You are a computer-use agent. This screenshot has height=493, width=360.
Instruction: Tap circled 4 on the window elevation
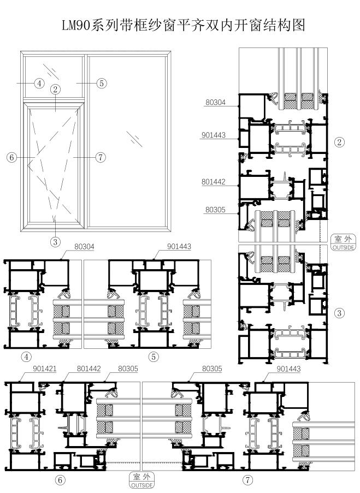(x=39, y=84)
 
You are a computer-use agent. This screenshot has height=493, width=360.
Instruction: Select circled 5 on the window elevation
(x=101, y=84)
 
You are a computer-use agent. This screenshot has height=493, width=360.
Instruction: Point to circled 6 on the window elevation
(x=12, y=157)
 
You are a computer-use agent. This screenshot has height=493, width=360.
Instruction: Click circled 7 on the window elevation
(x=101, y=157)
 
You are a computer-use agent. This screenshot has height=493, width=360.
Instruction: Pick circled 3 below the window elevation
(x=55, y=242)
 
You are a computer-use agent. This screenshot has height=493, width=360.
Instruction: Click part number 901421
(x=45, y=369)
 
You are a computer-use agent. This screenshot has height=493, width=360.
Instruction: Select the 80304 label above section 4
(x=84, y=247)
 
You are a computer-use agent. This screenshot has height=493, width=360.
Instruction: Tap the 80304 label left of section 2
(x=216, y=102)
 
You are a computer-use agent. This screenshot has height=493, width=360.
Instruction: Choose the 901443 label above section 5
(x=179, y=247)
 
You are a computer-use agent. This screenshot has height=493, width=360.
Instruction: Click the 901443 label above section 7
(x=288, y=369)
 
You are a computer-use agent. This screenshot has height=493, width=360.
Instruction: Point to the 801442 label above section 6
(x=88, y=369)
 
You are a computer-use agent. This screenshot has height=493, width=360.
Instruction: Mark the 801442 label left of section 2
(x=214, y=182)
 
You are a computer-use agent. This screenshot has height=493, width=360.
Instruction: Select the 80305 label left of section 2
(x=216, y=210)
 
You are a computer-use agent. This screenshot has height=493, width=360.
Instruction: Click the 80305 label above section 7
(x=212, y=369)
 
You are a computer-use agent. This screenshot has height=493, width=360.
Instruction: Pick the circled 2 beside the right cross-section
(x=339, y=142)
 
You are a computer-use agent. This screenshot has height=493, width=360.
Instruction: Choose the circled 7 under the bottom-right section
(x=248, y=480)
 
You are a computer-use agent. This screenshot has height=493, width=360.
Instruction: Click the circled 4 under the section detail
(x=26, y=357)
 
